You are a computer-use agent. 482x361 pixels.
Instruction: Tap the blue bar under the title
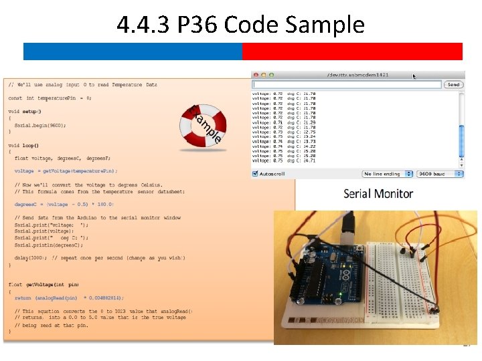[x=133, y=51]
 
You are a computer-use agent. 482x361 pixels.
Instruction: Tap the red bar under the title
[x=352, y=51]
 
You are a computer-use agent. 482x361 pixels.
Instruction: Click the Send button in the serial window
[x=453, y=85]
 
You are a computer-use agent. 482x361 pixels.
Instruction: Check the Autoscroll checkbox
[x=255, y=174]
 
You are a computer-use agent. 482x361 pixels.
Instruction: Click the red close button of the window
[x=256, y=75]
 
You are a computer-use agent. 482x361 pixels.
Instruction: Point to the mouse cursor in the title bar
[x=414, y=77]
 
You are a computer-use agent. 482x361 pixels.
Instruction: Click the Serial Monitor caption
[x=378, y=194]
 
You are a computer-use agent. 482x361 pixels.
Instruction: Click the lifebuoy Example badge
[x=204, y=126]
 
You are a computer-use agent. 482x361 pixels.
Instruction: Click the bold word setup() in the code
[x=29, y=111]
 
